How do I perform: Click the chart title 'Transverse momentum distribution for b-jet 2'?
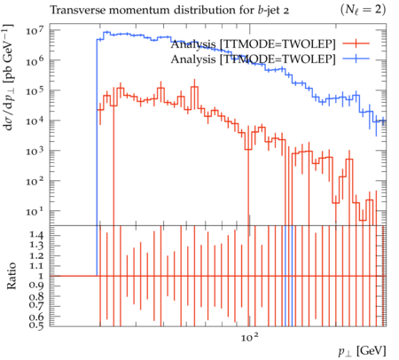click(x=169, y=11)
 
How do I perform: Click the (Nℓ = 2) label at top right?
click(x=363, y=10)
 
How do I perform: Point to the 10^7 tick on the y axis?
click(x=35, y=31)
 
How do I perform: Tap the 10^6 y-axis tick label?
click(x=35, y=61)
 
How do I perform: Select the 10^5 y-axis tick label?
click(x=35, y=91)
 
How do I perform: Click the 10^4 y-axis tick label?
click(x=35, y=121)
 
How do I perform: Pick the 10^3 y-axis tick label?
click(x=35, y=152)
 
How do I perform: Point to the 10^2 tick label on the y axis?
click(x=35, y=182)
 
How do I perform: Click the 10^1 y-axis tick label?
click(x=35, y=212)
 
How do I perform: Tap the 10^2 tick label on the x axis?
click(x=250, y=336)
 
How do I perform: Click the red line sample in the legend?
click(x=356, y=43)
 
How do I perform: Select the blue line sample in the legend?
click(x=356, y=59)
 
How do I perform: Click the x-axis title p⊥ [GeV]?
click(x=363, y=351)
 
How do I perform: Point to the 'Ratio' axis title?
click(x=12, y=276)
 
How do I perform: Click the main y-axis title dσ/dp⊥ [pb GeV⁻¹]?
click(x=8, y=77)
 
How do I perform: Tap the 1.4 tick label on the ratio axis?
click(x=36, y=235)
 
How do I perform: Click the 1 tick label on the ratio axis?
click(x=41, y=276)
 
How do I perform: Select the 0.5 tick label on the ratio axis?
click(x=36, y=325)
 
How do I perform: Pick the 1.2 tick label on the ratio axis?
click(x=36, y=255)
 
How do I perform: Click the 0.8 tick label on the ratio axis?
click(x=36, y=296)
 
